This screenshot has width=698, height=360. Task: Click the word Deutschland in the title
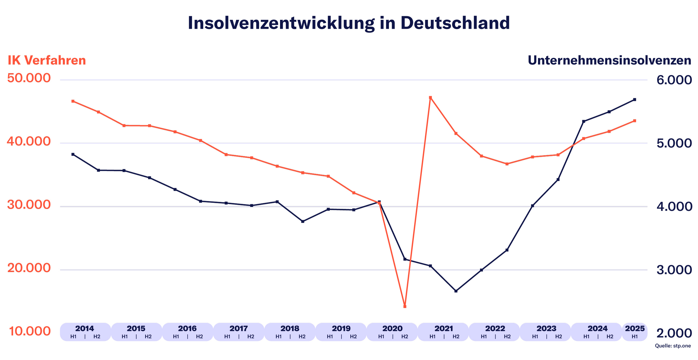click(455, 23)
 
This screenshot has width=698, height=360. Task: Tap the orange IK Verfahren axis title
click(47, 61)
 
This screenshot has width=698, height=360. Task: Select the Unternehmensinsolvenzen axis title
click(609, 61)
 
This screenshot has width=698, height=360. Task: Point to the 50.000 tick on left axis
click(29, 78)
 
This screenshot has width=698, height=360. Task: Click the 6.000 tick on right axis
click(674, 80)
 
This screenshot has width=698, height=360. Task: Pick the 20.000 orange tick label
click(29, 268)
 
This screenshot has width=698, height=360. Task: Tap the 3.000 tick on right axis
click(674, 270)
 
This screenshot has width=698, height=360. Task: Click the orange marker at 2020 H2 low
click(405, 306)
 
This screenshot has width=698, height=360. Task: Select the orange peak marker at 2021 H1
click(430, 98)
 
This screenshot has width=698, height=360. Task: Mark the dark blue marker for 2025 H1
click(634, 100)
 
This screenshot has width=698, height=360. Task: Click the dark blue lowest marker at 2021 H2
click(456, 291)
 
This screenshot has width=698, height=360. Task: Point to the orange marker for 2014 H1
click(73, 101)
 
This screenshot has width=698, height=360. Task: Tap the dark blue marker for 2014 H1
click(73, 154)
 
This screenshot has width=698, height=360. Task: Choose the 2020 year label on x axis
click(392, 328)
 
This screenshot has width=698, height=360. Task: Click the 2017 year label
click(239, 328)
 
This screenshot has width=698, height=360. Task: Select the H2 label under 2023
click(558, 337)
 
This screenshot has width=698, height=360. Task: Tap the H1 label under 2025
click(635, 337)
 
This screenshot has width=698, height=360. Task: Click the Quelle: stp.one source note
click(673, 346)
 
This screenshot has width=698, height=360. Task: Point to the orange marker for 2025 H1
click(634, 121)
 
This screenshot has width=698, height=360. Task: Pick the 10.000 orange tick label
click(30, 332)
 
